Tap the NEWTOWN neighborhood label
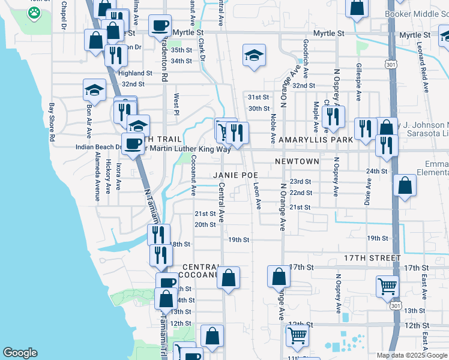point(296,161)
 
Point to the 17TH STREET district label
point(372,258)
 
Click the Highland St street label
point(136,73)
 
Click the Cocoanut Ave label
point(193,175)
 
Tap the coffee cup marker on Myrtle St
point(160,25)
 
